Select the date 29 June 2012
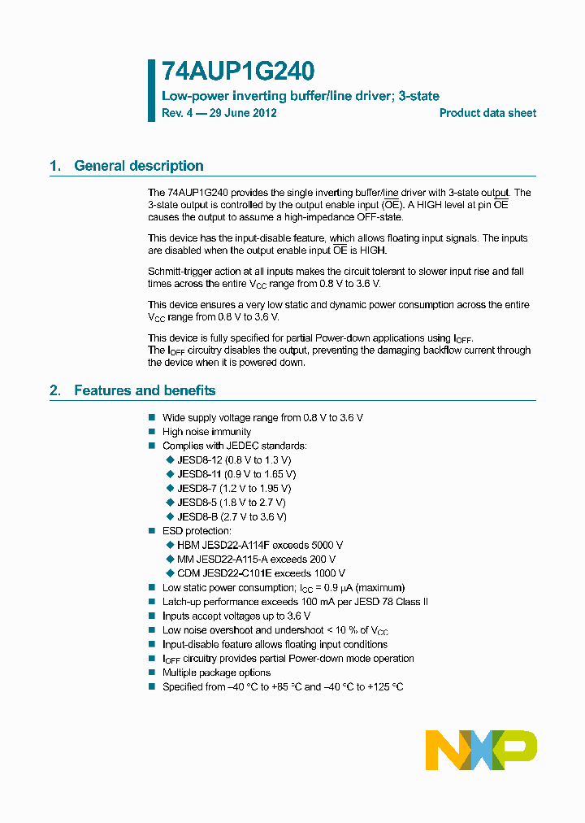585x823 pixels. (243, 113)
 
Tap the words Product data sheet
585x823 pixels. (487, 113)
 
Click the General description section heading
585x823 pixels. (138, 166)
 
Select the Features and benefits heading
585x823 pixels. (144, 390)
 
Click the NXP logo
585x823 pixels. (481, 750)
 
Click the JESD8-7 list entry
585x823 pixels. (233, 488)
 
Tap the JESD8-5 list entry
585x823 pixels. (231, 503)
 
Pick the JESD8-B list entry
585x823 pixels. (231, 516)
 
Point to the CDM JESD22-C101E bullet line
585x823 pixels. (261, 573)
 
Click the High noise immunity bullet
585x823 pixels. (206, 432)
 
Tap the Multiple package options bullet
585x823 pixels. (216, 673)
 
